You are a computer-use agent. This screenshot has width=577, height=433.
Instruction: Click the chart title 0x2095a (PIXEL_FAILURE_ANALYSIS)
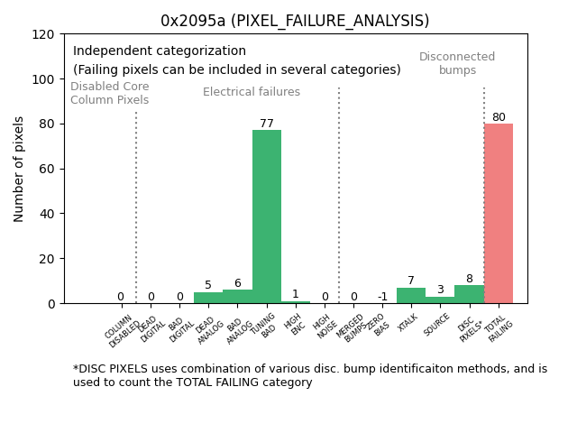[x=295, y=21]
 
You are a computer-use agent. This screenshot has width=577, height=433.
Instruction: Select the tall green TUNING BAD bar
[x=267, y=216]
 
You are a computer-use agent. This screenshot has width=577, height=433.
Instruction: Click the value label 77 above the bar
[x=267, y=124]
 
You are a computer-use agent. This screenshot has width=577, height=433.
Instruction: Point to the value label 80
[x=499, y=117]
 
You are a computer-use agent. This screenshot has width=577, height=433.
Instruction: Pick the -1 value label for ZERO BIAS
[x=382, y=297]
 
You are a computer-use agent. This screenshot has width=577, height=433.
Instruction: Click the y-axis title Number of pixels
[x=19, y=169]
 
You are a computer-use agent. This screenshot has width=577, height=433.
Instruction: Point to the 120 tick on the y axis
[x=43, y=34]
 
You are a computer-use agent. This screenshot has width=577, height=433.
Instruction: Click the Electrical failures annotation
[x=252, y=92]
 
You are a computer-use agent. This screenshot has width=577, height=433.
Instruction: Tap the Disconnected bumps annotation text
[x=457, y=63]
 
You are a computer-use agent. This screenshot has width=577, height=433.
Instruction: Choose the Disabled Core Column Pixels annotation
[x=110, y=93]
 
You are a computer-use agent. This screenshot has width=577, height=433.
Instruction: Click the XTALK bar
[x=411, y=296]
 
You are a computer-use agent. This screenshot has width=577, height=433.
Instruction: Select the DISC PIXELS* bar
[x=469, y=294]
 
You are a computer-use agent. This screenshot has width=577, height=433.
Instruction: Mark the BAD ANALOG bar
[x=238, y=297]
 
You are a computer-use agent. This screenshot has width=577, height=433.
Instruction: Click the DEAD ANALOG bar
[x=208, y=298]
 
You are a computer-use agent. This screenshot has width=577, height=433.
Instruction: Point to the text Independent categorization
[x=160, y=51]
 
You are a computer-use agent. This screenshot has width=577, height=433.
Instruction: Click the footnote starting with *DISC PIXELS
[x=310, y=375]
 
